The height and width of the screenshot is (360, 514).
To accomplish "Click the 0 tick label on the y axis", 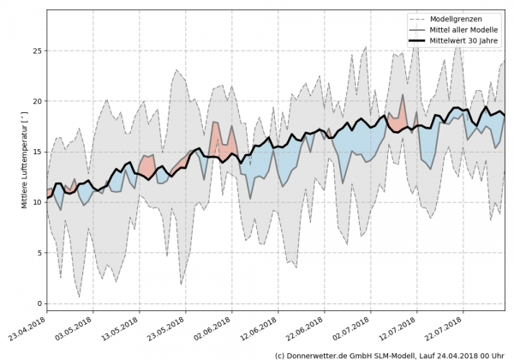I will [x=38, y=303].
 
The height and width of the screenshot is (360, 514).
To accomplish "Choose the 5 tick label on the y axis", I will [x=38, y=253].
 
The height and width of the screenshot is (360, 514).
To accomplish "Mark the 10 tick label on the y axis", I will [x=35, y=202].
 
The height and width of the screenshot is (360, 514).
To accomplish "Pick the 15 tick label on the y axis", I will [x=35, y=152].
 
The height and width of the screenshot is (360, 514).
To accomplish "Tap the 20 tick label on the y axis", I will [x=35, y=101].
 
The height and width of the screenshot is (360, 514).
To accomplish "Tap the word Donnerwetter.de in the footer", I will [x=320, y=353].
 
